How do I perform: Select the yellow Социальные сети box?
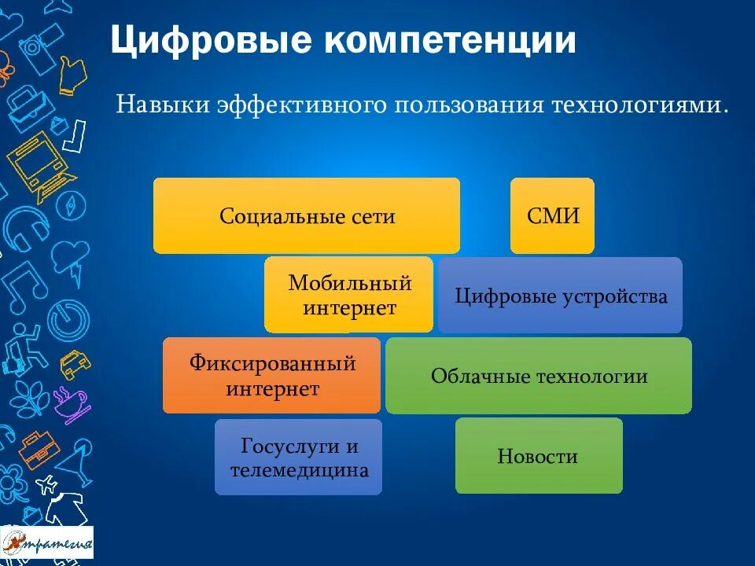coord(307,215)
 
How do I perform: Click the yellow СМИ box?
coord(552,215)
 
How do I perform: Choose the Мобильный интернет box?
coord(348,295)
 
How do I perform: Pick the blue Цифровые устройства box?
coord(560,296)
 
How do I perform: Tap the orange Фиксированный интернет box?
coord(271,376)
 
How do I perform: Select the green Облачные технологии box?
coord(539,376)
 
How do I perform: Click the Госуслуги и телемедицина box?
coord(298,458)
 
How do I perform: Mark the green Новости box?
coord(539,456)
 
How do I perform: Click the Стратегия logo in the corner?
coord(47,542)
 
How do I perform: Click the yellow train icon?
coord(35,161)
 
